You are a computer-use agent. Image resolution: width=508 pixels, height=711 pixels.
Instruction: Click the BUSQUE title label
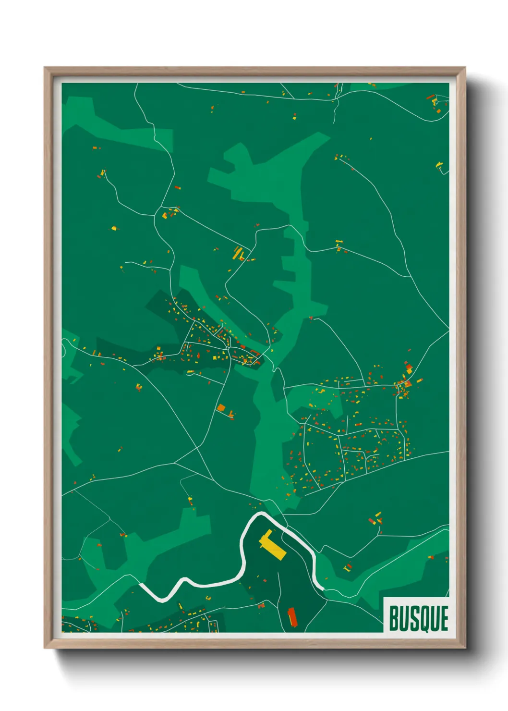[418, 618]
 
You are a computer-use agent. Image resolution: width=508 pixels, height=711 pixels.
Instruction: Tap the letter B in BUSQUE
[394, 619]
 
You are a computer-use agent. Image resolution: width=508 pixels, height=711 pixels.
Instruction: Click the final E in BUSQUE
[444, 619]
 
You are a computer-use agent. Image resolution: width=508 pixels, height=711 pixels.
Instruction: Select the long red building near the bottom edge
[292, 617]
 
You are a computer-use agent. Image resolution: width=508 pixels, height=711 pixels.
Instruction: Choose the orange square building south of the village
[221, 408]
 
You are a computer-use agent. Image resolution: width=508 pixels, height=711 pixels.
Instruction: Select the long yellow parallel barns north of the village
[238, 253]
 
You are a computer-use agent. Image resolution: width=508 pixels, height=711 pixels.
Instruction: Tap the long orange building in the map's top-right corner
[430, 98]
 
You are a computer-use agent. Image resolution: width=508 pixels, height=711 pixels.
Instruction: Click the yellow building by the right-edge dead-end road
[438, 165]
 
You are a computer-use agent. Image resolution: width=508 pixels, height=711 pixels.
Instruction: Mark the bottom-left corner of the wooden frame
[45, 648]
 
